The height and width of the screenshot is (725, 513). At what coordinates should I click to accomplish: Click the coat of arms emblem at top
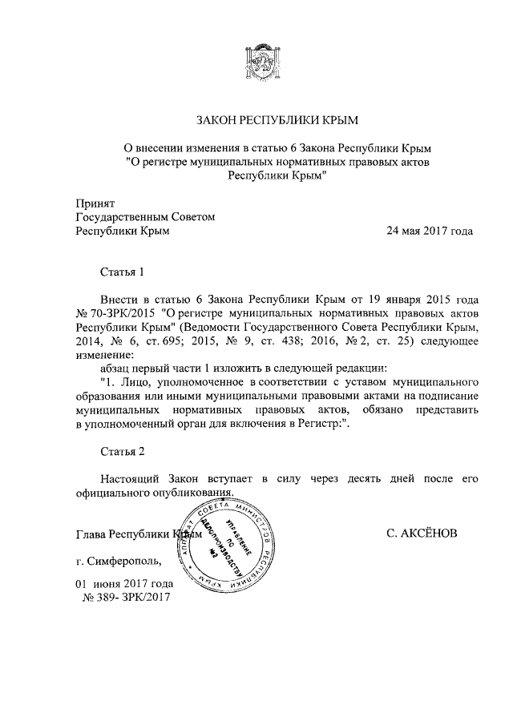point(257,64)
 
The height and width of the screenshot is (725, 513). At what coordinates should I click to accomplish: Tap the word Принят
point(95,203)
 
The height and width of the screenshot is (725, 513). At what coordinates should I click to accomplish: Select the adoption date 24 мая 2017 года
point(429,232)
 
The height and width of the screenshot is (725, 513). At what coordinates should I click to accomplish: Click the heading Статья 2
point(123,452)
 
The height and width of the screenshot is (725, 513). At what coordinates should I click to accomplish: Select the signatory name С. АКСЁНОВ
point(422,533)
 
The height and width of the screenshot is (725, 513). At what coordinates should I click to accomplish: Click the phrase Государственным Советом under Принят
point(145,217)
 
